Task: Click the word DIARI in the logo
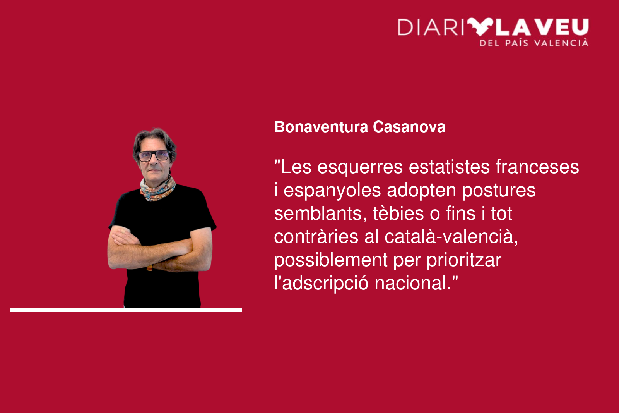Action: pyautogui.click(x=431, y=27)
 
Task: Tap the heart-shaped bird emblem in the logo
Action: pyautogui.click(x=480, y=27)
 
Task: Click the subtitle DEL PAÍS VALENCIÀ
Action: pyautogui.click(x=534, y=43)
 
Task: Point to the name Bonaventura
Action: pyautogui.click(x=321, y=127)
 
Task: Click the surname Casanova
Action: pyautogui.click(x=409, y=127)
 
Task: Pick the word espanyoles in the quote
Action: pyautogui.click(x=332, y=191)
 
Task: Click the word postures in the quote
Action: pyautogui.click(x=499, y=191)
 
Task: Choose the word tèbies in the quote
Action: pyautogui.click(x=398, y=213)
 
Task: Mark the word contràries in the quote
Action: pyautogui.click(x=316, y=237)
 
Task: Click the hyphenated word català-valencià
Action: pyautogui.click(x=451, y=237)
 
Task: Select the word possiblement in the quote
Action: pyautogui.click(x=331, y=261)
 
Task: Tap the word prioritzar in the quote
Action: pyautogui.click(x=464, y=261)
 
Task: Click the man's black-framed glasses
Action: pyautogui.click(x=154, y=156)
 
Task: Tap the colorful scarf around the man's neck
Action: pyautogui.click(x=157, y=189)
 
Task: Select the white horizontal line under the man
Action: pyautogui.click(x=126, y=310)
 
